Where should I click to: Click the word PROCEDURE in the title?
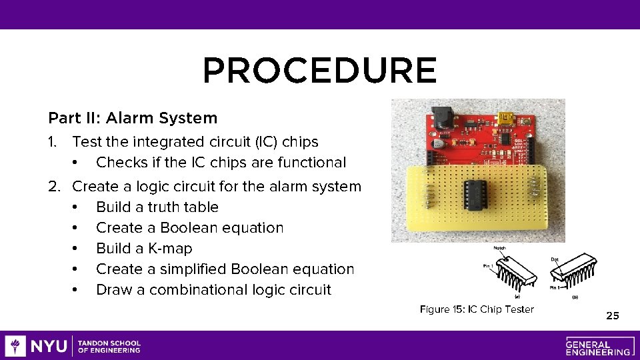(x=319, y=71)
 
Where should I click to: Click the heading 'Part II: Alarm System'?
(x=133, y=119)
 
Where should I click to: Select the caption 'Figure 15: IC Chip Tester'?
(x=477, y=309)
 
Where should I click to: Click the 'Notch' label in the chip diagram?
(x=499, y=248)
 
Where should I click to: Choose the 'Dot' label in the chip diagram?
(x=555, y=259)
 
